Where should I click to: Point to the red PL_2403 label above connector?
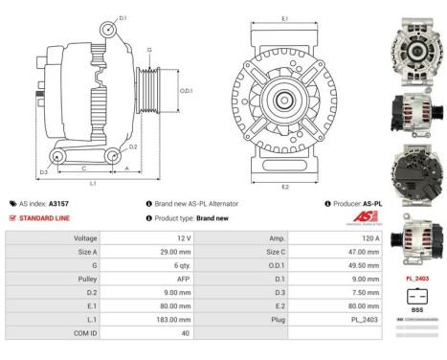pyautogui.click(x=416, y=279)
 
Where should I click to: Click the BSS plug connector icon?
pyautogui.click(x=416, y=296)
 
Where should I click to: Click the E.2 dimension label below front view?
pyautogui.click(x=285, y=188)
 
